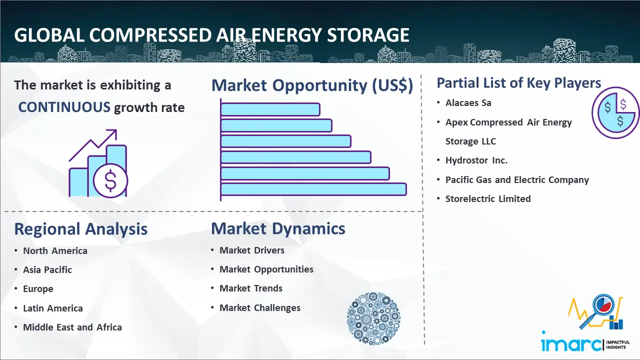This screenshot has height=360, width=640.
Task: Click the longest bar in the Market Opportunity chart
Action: (x=313, y=189)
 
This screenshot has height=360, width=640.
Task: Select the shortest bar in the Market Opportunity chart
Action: (x=270, y=109)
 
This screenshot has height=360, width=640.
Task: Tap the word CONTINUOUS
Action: (x=64, y=107)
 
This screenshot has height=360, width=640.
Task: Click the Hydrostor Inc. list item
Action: (x=476, y=160)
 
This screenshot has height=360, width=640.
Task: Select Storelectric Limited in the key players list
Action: (x=488, y=198)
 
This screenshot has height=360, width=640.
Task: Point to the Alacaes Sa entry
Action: (x=468, y=102)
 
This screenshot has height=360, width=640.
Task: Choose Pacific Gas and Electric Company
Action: (x=517, y=179)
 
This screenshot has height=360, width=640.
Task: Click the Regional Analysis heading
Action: (x=81, y=229)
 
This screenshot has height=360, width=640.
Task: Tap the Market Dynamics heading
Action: (x=278, y=228)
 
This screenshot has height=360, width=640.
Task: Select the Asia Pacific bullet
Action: (x=47, y=269)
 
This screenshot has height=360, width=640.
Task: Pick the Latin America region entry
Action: (x=53, y=308)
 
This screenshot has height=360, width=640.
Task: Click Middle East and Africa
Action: (x=72, y=327)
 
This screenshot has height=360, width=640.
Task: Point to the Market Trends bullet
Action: (x=251, y=288)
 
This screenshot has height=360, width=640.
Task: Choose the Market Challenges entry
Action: (x=260, y=307)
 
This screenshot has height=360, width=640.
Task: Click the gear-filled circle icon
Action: (x=373, y=318)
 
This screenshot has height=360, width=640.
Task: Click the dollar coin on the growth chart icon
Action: (x=110, y=180)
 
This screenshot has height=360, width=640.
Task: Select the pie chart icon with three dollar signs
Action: (x=615, y=112)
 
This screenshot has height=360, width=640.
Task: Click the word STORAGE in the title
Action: (x=368, y=35)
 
